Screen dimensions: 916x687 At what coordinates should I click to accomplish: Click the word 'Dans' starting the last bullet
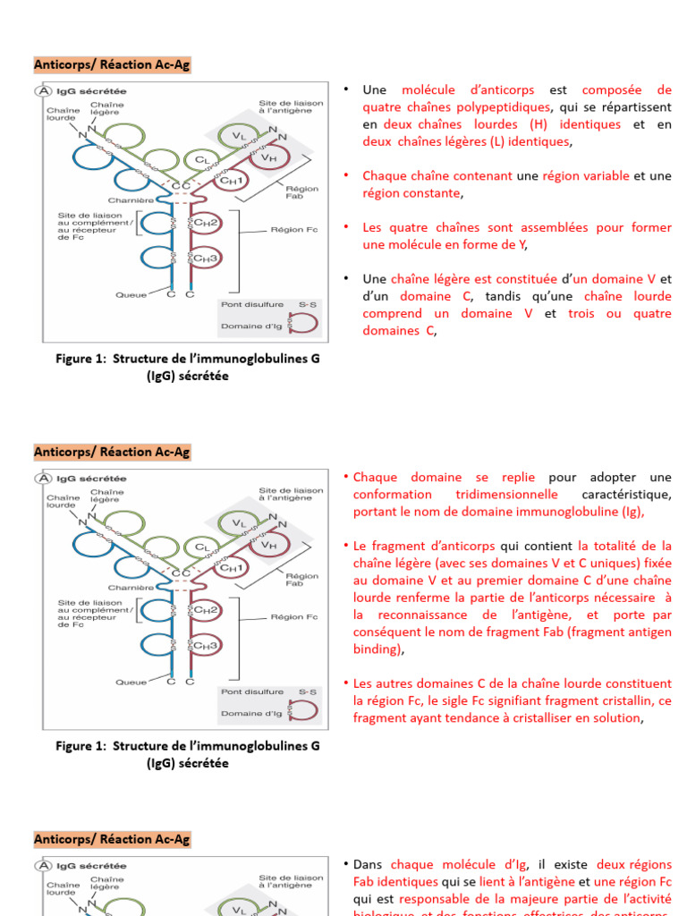click(368, 865)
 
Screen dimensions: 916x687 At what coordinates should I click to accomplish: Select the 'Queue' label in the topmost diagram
click(131, 294)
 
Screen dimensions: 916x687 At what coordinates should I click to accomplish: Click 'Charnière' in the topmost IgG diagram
click(131, 199)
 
